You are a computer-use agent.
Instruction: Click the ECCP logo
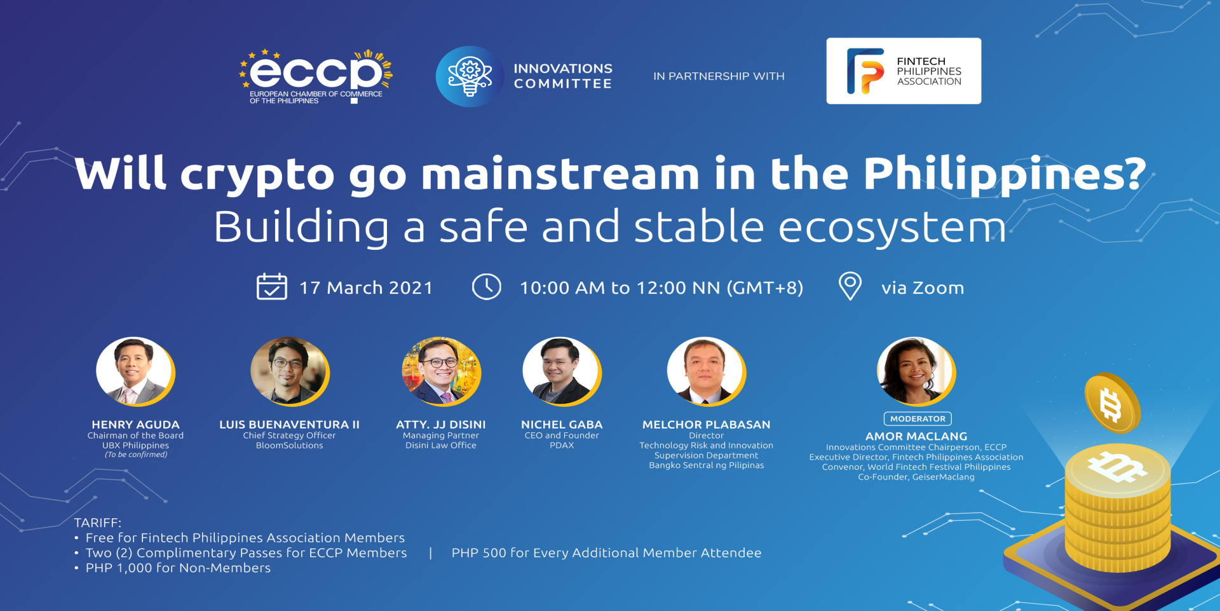click(x=316, y=76)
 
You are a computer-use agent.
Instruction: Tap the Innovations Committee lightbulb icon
click(x=469, y=76)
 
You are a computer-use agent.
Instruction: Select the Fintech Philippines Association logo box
click(x=904, y=71)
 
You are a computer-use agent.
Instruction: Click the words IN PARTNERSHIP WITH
click(x=719, y=76)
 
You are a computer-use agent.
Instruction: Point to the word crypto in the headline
click(x=257, y=175)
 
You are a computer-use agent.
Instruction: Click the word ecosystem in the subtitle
click(x=892, y=227)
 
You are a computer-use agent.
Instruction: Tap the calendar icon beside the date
click(x=271, y=286)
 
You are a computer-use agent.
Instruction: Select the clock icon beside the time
click(x=487, y=287)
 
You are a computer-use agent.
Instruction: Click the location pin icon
click(x=850, y=286)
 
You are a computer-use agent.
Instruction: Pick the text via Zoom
click(x=923, y=288)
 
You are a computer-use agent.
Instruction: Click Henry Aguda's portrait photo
click(x=135, y=371)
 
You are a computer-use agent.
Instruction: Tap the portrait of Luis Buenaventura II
click(x=290, y=371)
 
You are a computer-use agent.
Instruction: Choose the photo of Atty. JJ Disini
click(x=441, y=371)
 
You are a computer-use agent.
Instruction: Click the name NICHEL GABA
click(x=562, y=425)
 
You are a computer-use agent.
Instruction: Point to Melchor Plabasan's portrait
click(x=706, y=371)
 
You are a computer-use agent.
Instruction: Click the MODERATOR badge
click(x=918, y=419)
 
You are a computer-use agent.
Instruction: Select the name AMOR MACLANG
click(x=916, y=437)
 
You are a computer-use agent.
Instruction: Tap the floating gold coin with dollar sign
click(x=1112, y=404)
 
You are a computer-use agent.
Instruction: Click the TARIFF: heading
click(x=97, y=523)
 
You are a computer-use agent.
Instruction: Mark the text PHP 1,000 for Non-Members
click(x=178, y=568)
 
